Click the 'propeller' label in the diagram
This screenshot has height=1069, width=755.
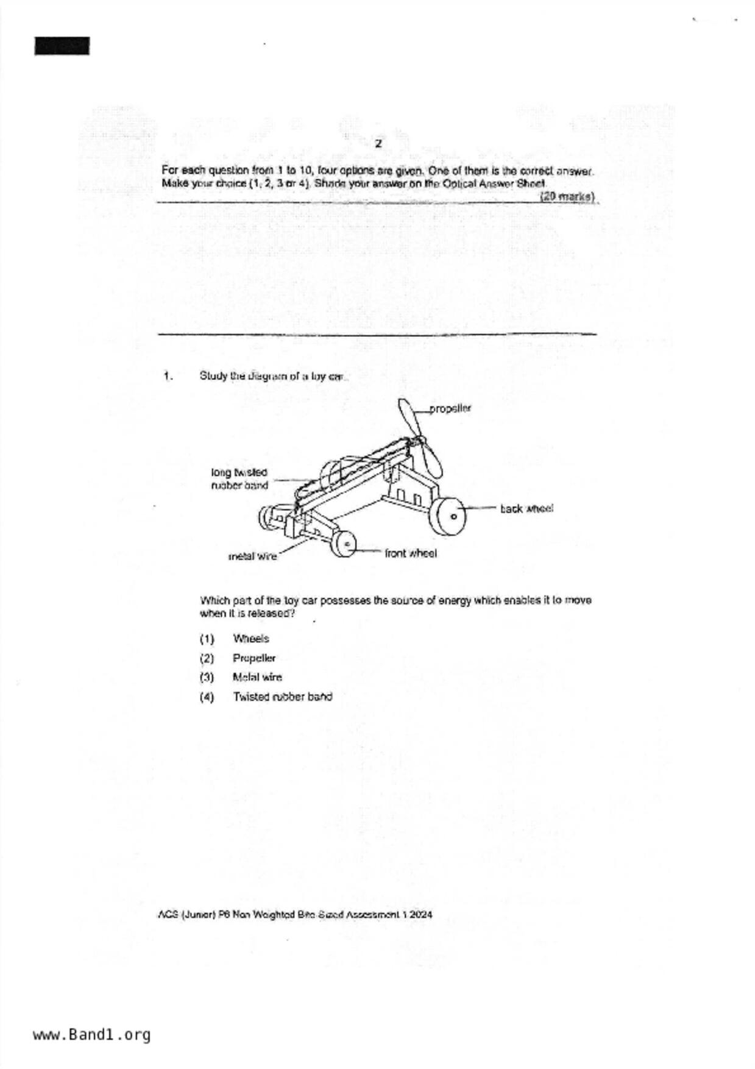(450, 408)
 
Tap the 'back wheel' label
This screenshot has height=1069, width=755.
(526, 508)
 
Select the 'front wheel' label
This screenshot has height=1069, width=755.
(411, 553)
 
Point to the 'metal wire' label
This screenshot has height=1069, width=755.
(252, 556)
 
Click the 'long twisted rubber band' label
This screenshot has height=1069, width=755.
(239, 479)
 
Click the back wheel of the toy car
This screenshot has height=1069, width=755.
(447, 516)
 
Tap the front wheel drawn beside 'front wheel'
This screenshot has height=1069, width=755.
(343, 543)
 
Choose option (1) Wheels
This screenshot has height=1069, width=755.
(250, 639)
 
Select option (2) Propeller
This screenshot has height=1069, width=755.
(253, 658)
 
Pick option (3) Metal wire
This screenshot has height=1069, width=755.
(257, 677)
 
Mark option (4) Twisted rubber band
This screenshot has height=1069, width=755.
(282, 697)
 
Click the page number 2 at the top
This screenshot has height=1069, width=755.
(378, 144)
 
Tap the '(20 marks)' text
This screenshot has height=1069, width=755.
(567, 196)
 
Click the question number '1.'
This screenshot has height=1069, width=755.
(168, 376)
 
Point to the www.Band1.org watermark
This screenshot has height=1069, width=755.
(91, 1035)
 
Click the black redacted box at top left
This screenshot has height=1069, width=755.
(62, 46)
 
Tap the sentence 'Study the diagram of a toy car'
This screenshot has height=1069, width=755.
(273, 376)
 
